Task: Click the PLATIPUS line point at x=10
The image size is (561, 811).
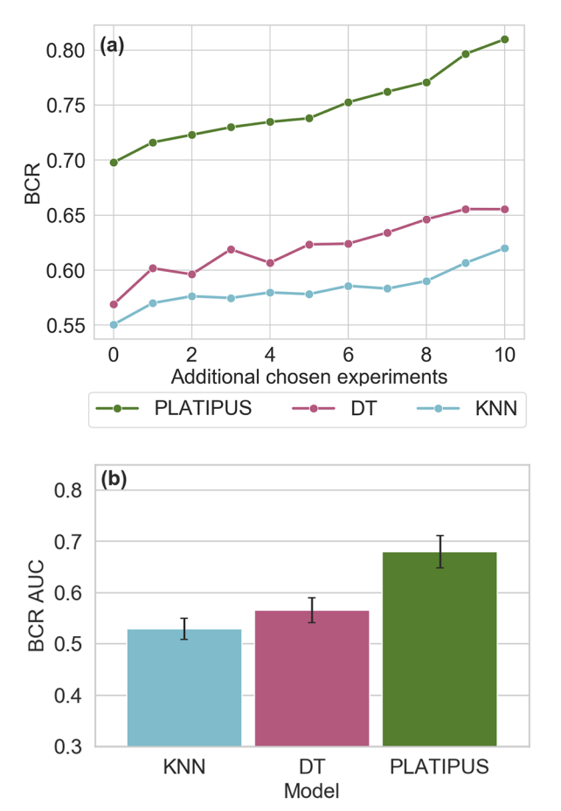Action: (505, 39)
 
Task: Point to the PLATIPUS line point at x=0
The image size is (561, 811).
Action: (114, 163)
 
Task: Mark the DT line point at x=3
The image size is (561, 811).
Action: (231, 249)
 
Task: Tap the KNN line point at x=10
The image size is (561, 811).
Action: (505, 248)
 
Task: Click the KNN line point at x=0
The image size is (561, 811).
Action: (114, 324)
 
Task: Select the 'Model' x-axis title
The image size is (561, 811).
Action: (312, 791)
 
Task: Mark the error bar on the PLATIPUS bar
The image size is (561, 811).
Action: (440, 551)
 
